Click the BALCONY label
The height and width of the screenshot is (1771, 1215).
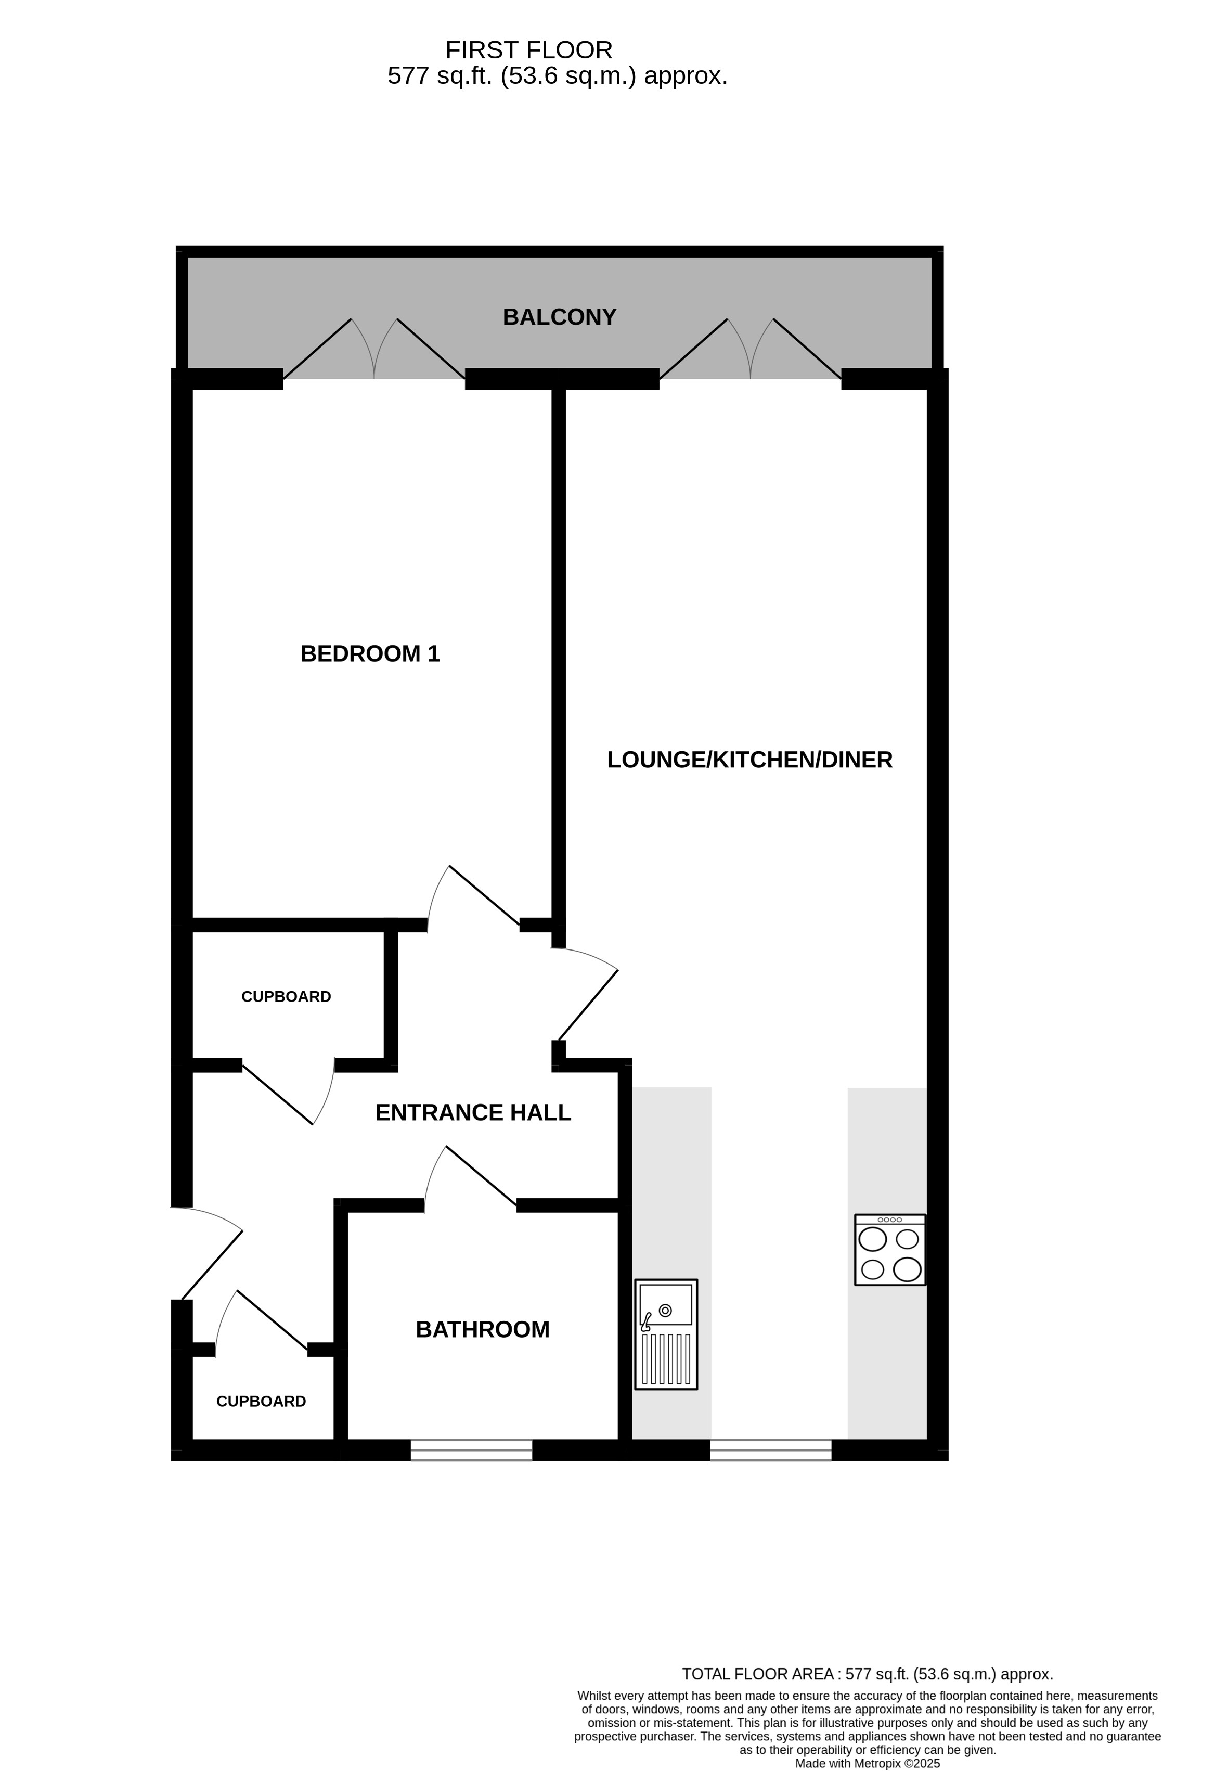(559, 317)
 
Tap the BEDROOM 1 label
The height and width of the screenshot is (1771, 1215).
(370, 654)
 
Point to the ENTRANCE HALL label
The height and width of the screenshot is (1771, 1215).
(473, 1112)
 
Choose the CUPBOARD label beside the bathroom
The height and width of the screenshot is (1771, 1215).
(261, 1402)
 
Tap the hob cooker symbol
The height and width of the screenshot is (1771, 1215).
(890, 1250)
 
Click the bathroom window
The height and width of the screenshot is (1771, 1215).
(472, 1449)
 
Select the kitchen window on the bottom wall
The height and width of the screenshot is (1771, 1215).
(771, 1449)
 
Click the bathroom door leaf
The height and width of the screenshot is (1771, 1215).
(482, 1176)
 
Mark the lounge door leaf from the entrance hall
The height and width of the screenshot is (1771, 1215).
(588, 1005)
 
